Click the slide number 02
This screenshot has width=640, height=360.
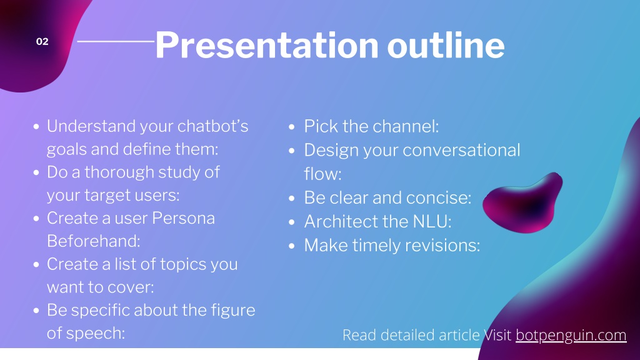point(42,41)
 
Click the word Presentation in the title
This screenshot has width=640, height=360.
point(267,45)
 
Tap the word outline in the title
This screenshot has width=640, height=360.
point(446,45)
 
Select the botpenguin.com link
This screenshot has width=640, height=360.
point(571,335)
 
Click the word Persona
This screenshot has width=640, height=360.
point(183,218)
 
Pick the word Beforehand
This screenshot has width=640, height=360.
point(94,241)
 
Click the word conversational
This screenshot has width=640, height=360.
point(461,150)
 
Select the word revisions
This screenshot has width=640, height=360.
point(437,245)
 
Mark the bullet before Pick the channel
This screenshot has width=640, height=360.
point(291,126)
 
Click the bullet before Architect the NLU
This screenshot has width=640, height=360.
point(291,222)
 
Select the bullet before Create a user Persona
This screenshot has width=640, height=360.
point(36,219)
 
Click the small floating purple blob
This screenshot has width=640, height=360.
point(523,203)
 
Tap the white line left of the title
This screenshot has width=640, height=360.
point(116,41)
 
